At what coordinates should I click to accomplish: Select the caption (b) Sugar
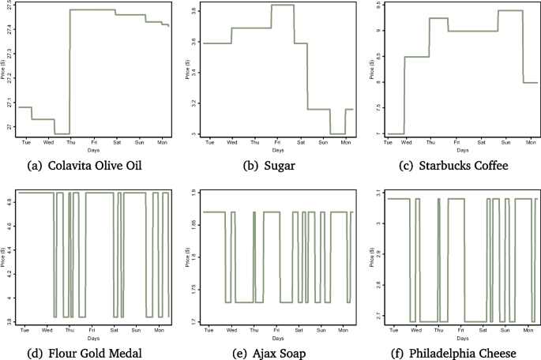pos(270,167)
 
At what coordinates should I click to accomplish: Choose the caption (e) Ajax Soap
pos(270,352)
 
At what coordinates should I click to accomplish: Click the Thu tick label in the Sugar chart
pos(254,142)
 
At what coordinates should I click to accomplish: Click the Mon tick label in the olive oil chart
pos(162,142)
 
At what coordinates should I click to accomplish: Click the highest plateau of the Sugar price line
pos(283,6)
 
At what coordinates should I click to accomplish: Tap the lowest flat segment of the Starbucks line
pos(393,133)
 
